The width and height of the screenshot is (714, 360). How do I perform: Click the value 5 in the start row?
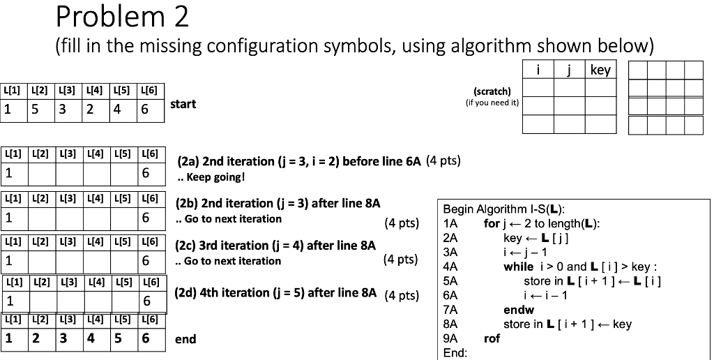[x=33, y=109]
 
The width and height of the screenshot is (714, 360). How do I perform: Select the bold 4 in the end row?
[x=91, y=338]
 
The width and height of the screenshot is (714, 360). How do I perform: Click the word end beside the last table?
[x=185, y=339]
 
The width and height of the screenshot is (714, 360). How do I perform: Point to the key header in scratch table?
[x=600, y=70]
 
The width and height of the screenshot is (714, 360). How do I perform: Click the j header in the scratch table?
[x=570, y=70]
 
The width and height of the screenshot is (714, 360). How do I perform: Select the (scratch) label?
[x=492, y=91]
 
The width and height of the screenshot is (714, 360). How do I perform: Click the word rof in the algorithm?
[x=491, y=338]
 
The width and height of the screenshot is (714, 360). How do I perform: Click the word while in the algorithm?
[x=518, y=267]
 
